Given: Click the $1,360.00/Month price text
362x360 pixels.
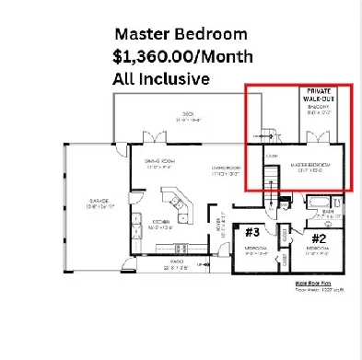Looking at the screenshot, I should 181,56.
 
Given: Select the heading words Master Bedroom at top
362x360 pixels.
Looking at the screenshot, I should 181,34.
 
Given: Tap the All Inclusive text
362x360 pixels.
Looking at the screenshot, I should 161,79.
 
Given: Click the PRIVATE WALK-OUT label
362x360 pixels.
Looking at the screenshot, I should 320,97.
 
